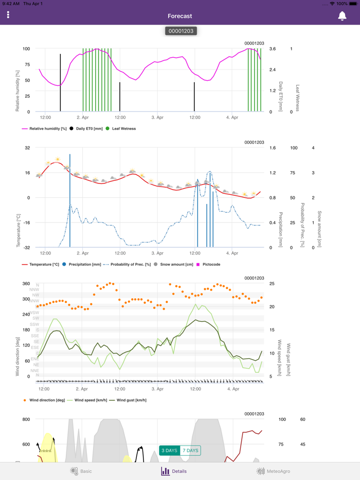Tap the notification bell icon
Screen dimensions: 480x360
342,16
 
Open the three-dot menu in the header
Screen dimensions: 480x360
8,15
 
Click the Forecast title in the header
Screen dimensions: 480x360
180,16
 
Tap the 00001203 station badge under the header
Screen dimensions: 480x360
181,31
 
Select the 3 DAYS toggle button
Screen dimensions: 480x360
169,451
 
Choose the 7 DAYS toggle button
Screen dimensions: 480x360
190,451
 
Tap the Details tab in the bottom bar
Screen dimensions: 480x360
174,471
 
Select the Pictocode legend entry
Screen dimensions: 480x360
211,265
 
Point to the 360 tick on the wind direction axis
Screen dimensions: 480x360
26,284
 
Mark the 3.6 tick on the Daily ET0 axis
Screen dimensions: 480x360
273,49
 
